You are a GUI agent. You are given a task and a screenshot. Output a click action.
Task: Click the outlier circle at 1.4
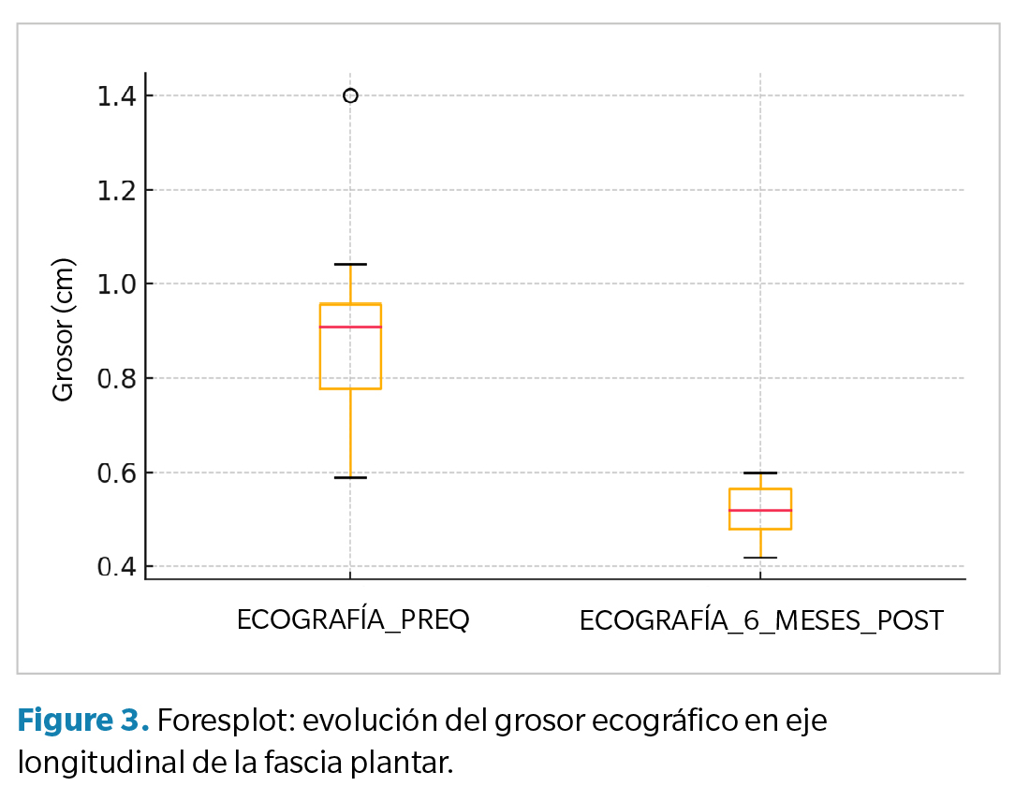(x=350, y=95)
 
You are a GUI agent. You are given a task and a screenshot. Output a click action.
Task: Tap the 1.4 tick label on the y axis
(x=116, y=95)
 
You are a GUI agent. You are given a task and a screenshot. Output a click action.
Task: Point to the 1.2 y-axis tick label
(x=116, y=190)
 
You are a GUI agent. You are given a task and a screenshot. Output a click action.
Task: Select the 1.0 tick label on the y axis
(x=116, y=284)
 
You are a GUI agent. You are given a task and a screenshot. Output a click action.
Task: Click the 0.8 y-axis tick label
(x=116, y=378)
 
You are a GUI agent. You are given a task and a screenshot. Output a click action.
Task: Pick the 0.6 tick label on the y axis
(x=116, y=473)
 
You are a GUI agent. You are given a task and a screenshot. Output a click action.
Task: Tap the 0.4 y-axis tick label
(x=116, y=567)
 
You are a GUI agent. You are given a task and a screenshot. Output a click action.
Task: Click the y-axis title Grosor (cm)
(x=63, y=330)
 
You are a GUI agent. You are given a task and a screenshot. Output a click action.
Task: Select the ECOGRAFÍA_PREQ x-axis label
(x=352, y=620)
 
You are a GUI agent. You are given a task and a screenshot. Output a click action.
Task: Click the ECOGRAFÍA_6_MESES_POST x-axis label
(x=760, y=620)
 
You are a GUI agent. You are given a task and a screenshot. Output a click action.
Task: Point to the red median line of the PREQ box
(x=350, y=327)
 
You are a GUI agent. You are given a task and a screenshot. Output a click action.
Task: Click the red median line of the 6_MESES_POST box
(x=760, y=510)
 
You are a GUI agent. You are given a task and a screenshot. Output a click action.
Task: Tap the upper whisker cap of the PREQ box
(x=350, y=264)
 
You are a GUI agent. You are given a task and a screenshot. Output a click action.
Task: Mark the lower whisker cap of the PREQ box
(x=350, y=477)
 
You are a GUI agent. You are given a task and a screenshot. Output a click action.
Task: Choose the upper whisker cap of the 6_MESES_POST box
(x=760, y=473)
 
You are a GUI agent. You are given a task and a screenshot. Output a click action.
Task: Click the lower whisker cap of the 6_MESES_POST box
(x=760, y=558)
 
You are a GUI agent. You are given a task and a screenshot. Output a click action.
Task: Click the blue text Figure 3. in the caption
(x=82, y=721)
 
